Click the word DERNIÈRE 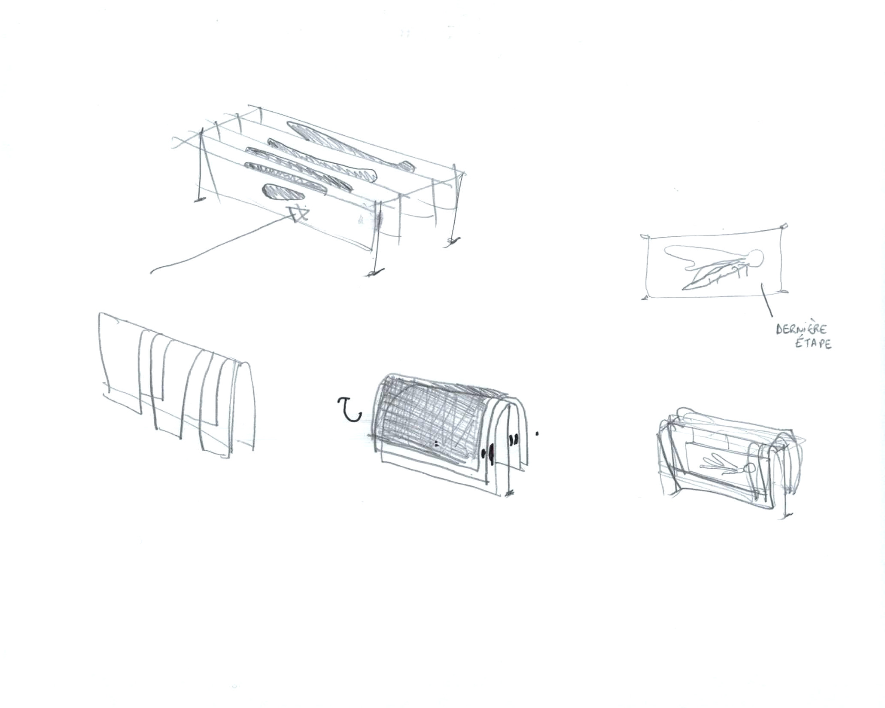[x=801, y=330]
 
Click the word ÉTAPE [x=815, y=344]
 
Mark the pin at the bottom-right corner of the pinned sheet [x=783, y=292]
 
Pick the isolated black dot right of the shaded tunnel [x=537, y=434]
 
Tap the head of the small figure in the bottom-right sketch [x=751, y=469]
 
